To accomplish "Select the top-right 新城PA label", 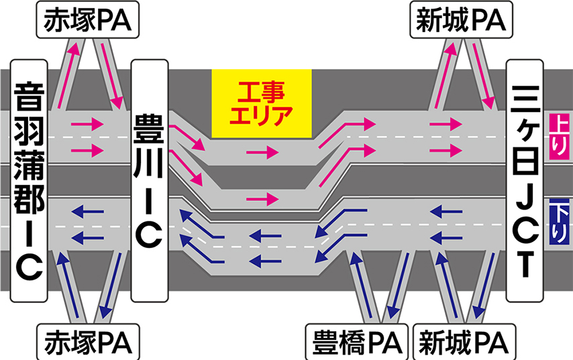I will pos(461,21).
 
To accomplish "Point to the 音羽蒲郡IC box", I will pos(29,181).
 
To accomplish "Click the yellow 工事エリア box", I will pos(262,102).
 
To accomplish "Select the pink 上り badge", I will pos(558,127).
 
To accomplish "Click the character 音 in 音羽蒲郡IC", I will pos(29,94).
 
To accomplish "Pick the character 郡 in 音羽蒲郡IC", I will pos(29,194).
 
